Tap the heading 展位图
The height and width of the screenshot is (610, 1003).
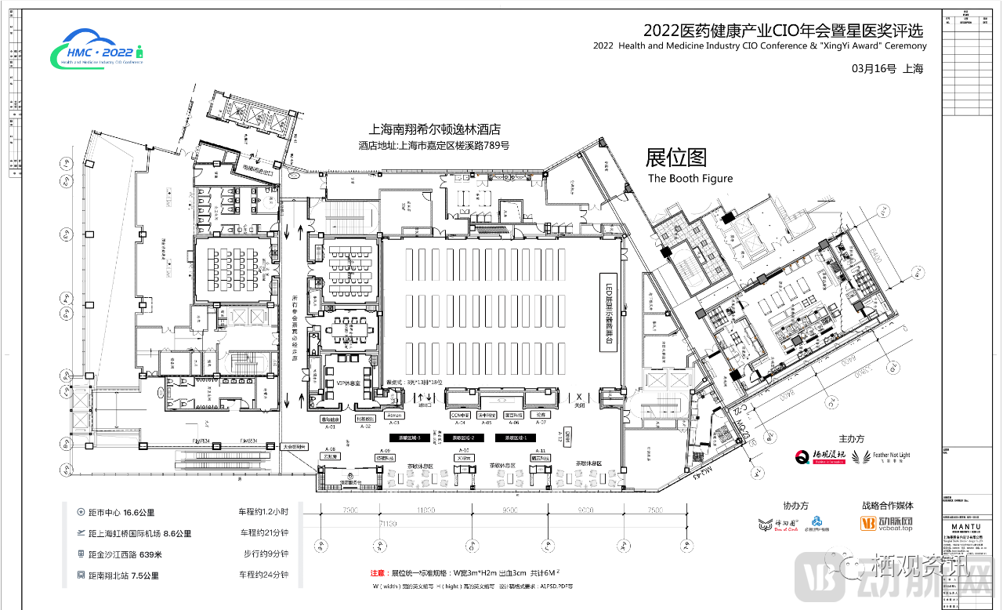[675, 158]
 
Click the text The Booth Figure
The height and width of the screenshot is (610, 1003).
[690, 178]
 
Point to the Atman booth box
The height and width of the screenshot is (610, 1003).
[394, 415]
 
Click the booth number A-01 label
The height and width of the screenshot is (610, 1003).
[330, 427]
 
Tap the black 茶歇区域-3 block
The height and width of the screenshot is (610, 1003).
[407, 438]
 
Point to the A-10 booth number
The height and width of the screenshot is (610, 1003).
[464, 451]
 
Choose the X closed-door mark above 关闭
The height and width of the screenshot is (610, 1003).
[580, 398]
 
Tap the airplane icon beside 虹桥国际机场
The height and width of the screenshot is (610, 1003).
[81, 533]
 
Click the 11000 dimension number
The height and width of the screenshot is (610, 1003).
[425, 510]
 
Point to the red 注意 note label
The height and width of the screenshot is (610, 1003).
[378, 574]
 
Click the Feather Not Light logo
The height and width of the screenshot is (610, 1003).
[881, 456]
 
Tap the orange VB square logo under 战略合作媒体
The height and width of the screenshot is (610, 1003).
[867, 523]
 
